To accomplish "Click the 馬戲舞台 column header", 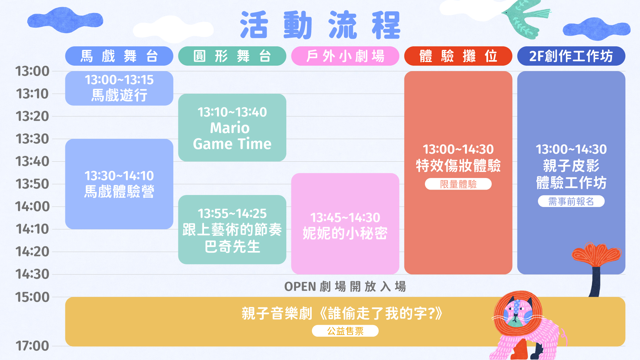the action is coord(119,56).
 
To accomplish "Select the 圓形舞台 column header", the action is coord(232,56).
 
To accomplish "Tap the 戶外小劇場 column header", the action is coord(345,56).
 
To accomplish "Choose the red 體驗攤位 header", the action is coord(458,56).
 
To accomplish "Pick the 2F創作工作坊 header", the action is coord(571,56).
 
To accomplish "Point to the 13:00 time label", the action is coord(32,71).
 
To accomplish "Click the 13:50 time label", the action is coord(32,184).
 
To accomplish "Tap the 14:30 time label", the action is coord(32,274).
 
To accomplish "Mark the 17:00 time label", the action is coord(32,346).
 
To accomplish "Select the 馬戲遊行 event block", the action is coord(119,88).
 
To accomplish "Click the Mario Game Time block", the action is coord(232,128).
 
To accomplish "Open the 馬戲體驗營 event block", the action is coord(119,184).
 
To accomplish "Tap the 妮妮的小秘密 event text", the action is coord(345,233).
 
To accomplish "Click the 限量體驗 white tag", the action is coord(458,184).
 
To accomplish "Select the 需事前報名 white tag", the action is coord(571,201).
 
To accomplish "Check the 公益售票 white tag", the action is coord(345,331).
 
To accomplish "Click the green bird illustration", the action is coord(525,18).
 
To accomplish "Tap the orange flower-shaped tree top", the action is coord(596,254).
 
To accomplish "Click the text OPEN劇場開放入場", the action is coord(345,287).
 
